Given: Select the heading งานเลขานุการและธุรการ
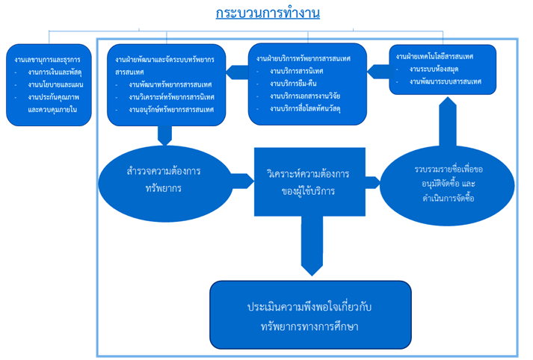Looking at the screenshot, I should tap(48, 58).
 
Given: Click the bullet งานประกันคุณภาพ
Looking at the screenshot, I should tap(57, 97).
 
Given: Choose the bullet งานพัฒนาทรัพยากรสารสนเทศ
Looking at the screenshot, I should tap(168, 85).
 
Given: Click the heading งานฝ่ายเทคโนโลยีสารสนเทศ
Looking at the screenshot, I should tap(434, 56).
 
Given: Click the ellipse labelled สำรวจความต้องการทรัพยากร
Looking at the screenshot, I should tap(165, 178).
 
